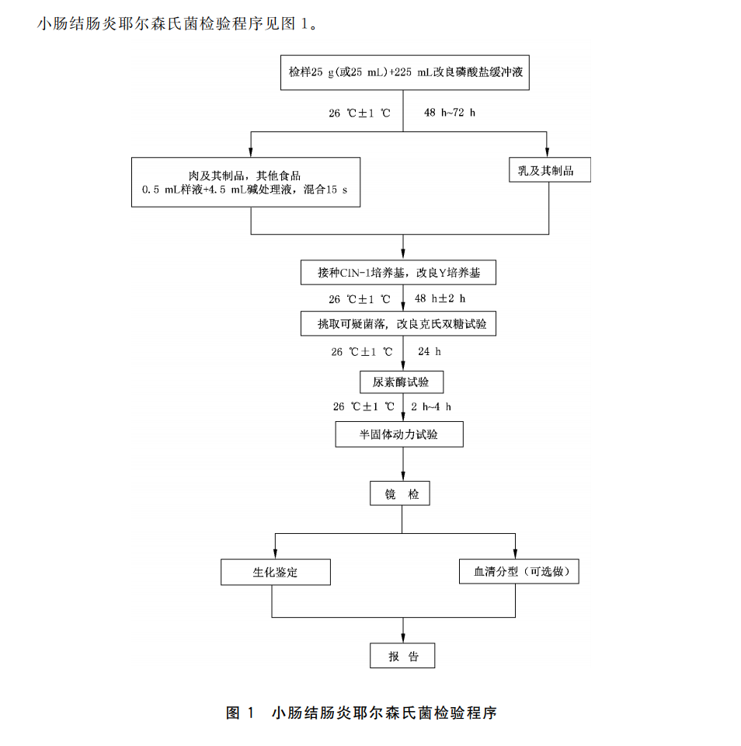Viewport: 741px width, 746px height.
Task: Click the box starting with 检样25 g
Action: coord(404,74)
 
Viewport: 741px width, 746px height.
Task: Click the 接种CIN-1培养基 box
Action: coord(398,273)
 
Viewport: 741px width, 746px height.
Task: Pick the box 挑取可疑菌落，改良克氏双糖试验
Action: coord(398,323)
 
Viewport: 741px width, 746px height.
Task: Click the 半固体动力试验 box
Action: coord(398,434)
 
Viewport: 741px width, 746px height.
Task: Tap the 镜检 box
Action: coord(402,493)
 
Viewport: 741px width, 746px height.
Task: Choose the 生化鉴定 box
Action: coord(275,573)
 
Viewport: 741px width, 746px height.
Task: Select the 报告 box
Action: coord(402,657)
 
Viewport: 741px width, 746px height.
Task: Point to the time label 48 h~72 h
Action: coord(449,113)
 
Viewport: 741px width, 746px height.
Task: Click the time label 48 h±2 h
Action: coord(440,298)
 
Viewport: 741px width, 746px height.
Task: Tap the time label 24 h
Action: coord(429,351)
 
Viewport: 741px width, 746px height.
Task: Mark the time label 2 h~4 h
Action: coord(431,406)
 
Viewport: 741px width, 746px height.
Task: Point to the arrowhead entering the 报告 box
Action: coord(402,639)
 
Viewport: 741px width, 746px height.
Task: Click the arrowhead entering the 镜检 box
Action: coord(402,476)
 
